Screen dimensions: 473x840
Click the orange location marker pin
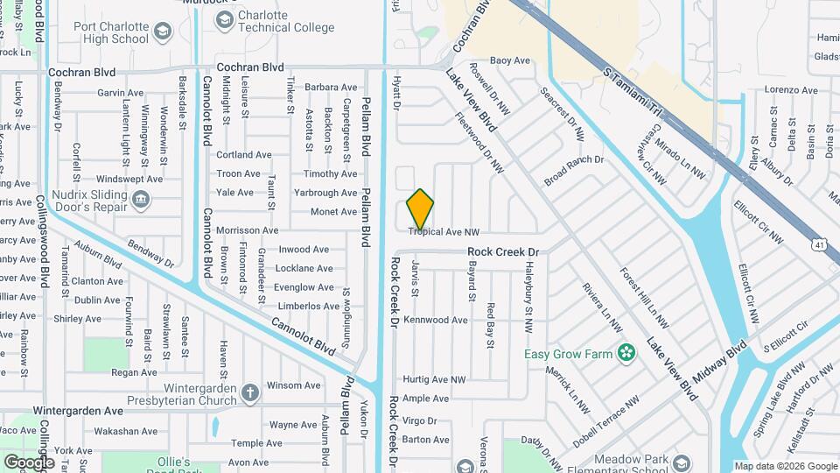[x=420, y=209]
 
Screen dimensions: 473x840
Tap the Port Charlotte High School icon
[x=162, y=32]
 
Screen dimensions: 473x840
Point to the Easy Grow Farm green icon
[x=626, y=353]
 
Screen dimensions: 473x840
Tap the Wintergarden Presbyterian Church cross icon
[x=250, y=391]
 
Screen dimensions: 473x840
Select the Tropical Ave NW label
[x=444, y=232]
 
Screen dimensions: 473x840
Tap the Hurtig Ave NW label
[x=434, y=379]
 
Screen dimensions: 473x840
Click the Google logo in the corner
[x=29, y=462]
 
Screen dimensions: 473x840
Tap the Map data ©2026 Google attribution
[x=785, y=467]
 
